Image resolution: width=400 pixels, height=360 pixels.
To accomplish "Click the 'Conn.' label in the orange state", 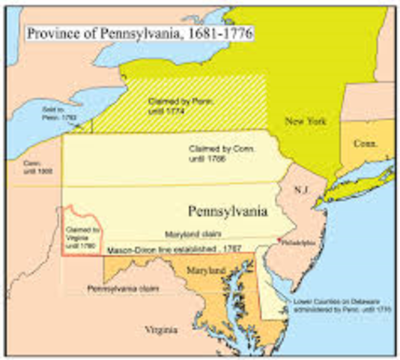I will [363, 142].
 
